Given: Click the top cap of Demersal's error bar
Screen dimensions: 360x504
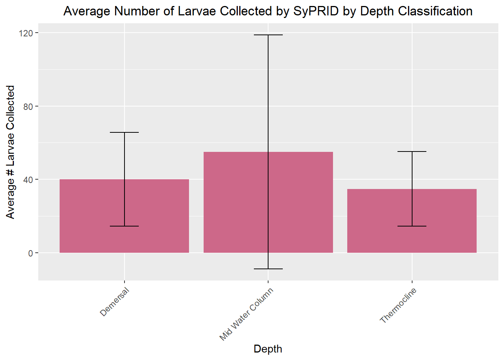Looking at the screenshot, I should point(124,132).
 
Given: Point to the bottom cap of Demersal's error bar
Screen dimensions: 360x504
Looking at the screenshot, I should point(124,226).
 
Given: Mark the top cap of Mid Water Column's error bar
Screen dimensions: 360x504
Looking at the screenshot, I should point(268,35).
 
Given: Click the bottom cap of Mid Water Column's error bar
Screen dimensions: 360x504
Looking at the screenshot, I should point(268,269).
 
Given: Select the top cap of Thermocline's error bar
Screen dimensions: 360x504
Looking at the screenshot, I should point(412,151).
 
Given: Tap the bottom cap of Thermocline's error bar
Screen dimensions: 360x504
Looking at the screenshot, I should point(412,226).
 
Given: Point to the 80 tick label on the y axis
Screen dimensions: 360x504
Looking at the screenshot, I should point(28,106).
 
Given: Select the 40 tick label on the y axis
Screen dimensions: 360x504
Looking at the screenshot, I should point(28,180).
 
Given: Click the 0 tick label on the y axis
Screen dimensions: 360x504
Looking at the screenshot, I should point(31,253).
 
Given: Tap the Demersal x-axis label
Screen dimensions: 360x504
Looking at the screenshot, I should point(115,301).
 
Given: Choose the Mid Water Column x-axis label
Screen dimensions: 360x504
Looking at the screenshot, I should point(246,314).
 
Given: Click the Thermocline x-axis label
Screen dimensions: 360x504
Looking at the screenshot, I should point(398,305).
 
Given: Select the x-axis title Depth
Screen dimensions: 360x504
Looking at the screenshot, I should point(268,349).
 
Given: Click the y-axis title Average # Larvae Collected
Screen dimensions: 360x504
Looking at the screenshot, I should point(10,152).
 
